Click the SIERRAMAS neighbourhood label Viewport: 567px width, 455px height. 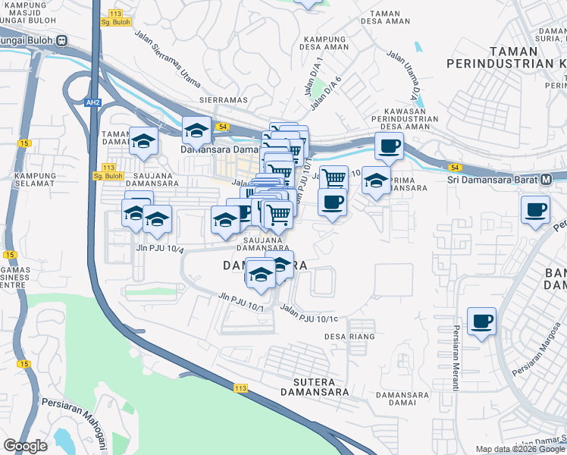(221, 99)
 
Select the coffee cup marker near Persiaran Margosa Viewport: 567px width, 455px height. (482, 322)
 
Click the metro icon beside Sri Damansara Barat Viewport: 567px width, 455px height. (547, 180)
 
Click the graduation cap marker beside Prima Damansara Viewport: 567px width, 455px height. (375, 180)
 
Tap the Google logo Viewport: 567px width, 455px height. (25, 446)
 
